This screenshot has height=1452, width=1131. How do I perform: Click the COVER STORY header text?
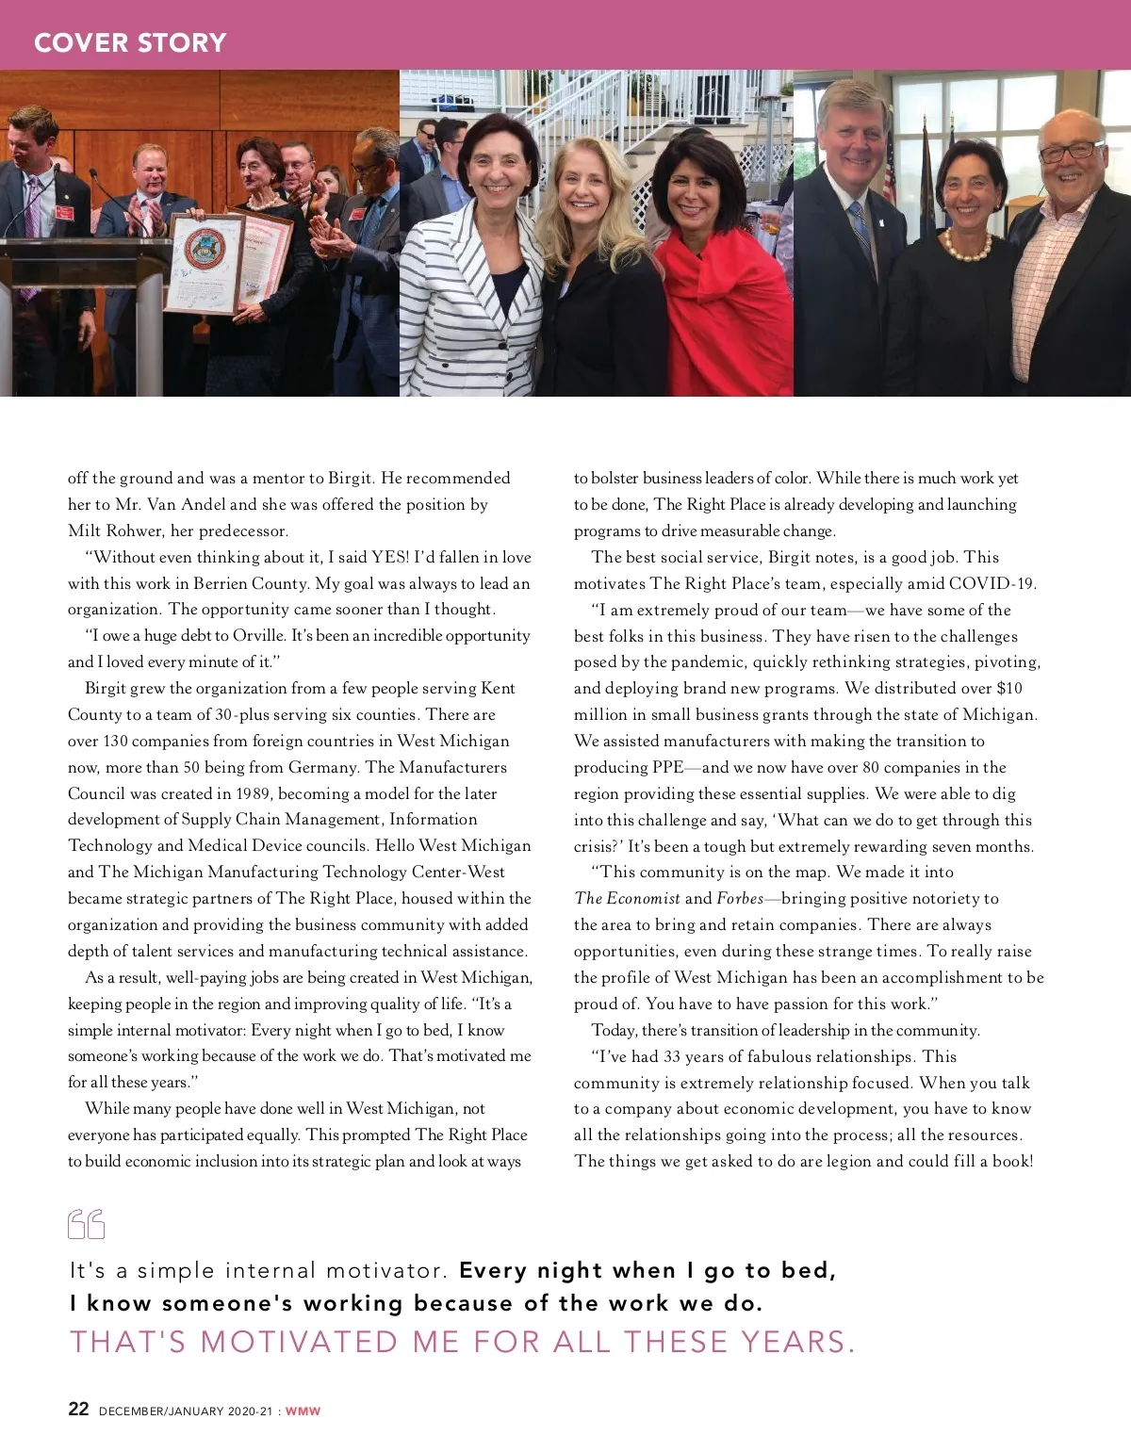pos(130,42)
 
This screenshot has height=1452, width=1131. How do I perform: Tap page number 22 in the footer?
pos(78,1409)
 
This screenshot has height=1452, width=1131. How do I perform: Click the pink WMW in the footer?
pos(303,1411)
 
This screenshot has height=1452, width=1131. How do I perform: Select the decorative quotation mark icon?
pos(86,1224)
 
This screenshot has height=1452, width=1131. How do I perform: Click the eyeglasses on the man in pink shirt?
pos(1071,151)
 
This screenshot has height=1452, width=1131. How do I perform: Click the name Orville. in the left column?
pos(259,636)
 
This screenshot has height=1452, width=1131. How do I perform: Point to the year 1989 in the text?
pos(252,793)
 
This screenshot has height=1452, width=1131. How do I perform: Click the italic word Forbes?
pos(740,899)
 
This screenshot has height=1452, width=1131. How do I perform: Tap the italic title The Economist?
pos(627,899)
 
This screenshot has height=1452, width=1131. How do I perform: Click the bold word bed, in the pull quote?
pos(809,1270)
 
